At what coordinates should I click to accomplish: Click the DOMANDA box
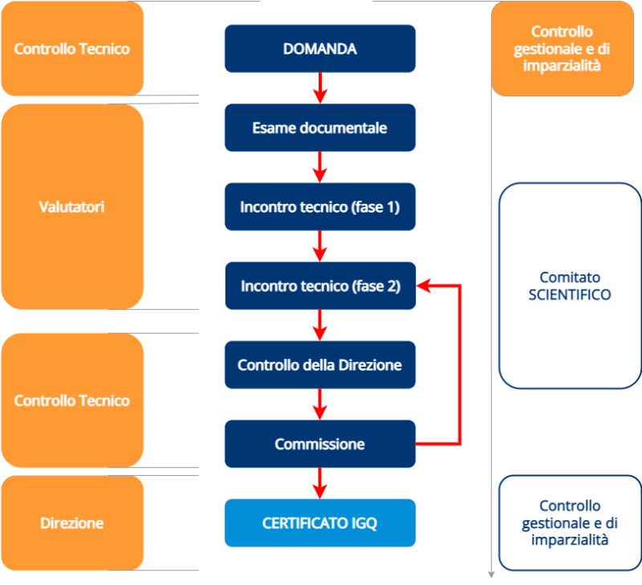tap(319, 49)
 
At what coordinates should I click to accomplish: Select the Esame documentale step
tap(319, 128)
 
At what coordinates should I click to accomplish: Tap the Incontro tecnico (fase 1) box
tap(319, 207)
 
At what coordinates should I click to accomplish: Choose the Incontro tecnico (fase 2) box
tap(319, 286)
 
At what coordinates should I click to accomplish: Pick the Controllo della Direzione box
tap(319, 365)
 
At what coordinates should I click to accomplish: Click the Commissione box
tap(319, 444)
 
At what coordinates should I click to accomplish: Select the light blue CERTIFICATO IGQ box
tap(319, 523)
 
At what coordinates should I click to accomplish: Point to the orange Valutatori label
tap(71, 207)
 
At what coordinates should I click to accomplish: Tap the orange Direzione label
tap(71, 523)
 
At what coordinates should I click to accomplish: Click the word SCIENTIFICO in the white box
tap(570, 295)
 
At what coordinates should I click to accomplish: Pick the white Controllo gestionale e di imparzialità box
tap(570, 523)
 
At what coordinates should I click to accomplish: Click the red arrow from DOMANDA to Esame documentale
tap(320, 88)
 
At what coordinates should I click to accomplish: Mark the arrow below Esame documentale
tap(320, 167)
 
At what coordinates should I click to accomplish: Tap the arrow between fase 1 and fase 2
tap(320, 246)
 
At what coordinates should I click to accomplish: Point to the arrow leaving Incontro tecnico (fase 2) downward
tap(320, 325)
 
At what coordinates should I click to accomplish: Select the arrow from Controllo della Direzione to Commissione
tap(320, 404)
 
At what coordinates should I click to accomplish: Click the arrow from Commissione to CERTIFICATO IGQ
tap(320, 483)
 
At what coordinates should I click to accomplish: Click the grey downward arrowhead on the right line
tap(491, 575)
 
